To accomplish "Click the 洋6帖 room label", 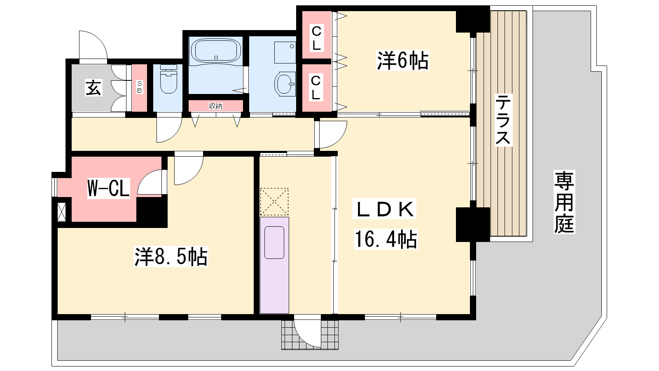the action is click(x=402, y=60).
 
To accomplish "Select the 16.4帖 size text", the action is click(x=386, y=239).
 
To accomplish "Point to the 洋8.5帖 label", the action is click(x=171, y=256).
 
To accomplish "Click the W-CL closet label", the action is click(x=109, y=188).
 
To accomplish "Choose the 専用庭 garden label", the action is click(x=564, y=202).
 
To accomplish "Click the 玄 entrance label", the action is click(x=93, y=88).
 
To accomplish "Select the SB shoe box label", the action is click(x=140, y=87).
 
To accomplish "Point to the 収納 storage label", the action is click(x=216, y=106).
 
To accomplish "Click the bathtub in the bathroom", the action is click(x=216, y=51).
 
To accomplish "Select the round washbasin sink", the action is click(x=285, y=84).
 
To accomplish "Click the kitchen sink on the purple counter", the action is click(x=274, y=242).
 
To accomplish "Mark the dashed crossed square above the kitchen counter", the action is click(x=274, y=202).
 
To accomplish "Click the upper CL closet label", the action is click(x=316, y=38).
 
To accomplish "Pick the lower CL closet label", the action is click(x=315, y=88).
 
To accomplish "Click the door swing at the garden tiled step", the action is click(x=308, y=333).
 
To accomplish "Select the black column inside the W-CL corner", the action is click(x=152, y=211).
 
